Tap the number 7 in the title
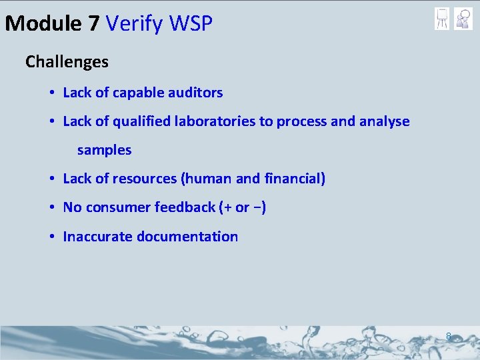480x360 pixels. click(93, 24)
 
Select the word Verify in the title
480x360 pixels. click(135, 24)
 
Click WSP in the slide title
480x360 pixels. click(191, 24)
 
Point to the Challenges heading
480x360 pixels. click(67, 62)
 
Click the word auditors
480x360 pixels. click(194, 93)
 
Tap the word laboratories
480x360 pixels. click(223, 121)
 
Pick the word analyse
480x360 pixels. click(385, 121)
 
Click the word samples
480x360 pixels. click(104, 151)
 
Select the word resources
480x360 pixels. click(144, 179)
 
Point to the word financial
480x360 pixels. click(293, 179)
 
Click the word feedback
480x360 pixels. click(185, 207)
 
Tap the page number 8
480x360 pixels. click(449, 337)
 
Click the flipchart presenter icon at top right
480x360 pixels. click(441, 19)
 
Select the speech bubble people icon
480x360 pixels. click(463, 19)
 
